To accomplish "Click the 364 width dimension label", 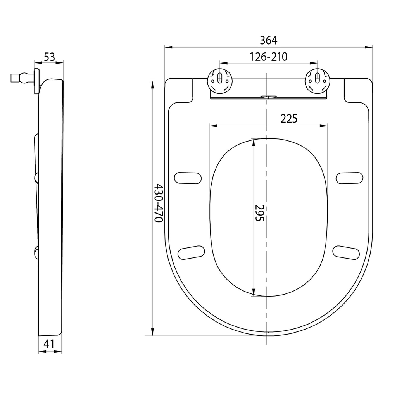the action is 269,40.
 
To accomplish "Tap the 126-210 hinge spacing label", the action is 268,57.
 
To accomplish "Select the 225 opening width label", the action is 289,119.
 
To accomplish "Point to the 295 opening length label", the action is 259,213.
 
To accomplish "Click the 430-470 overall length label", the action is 159,203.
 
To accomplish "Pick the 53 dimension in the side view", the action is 49,57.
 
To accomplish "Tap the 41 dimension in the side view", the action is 49,344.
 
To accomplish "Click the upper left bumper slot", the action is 188,178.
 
